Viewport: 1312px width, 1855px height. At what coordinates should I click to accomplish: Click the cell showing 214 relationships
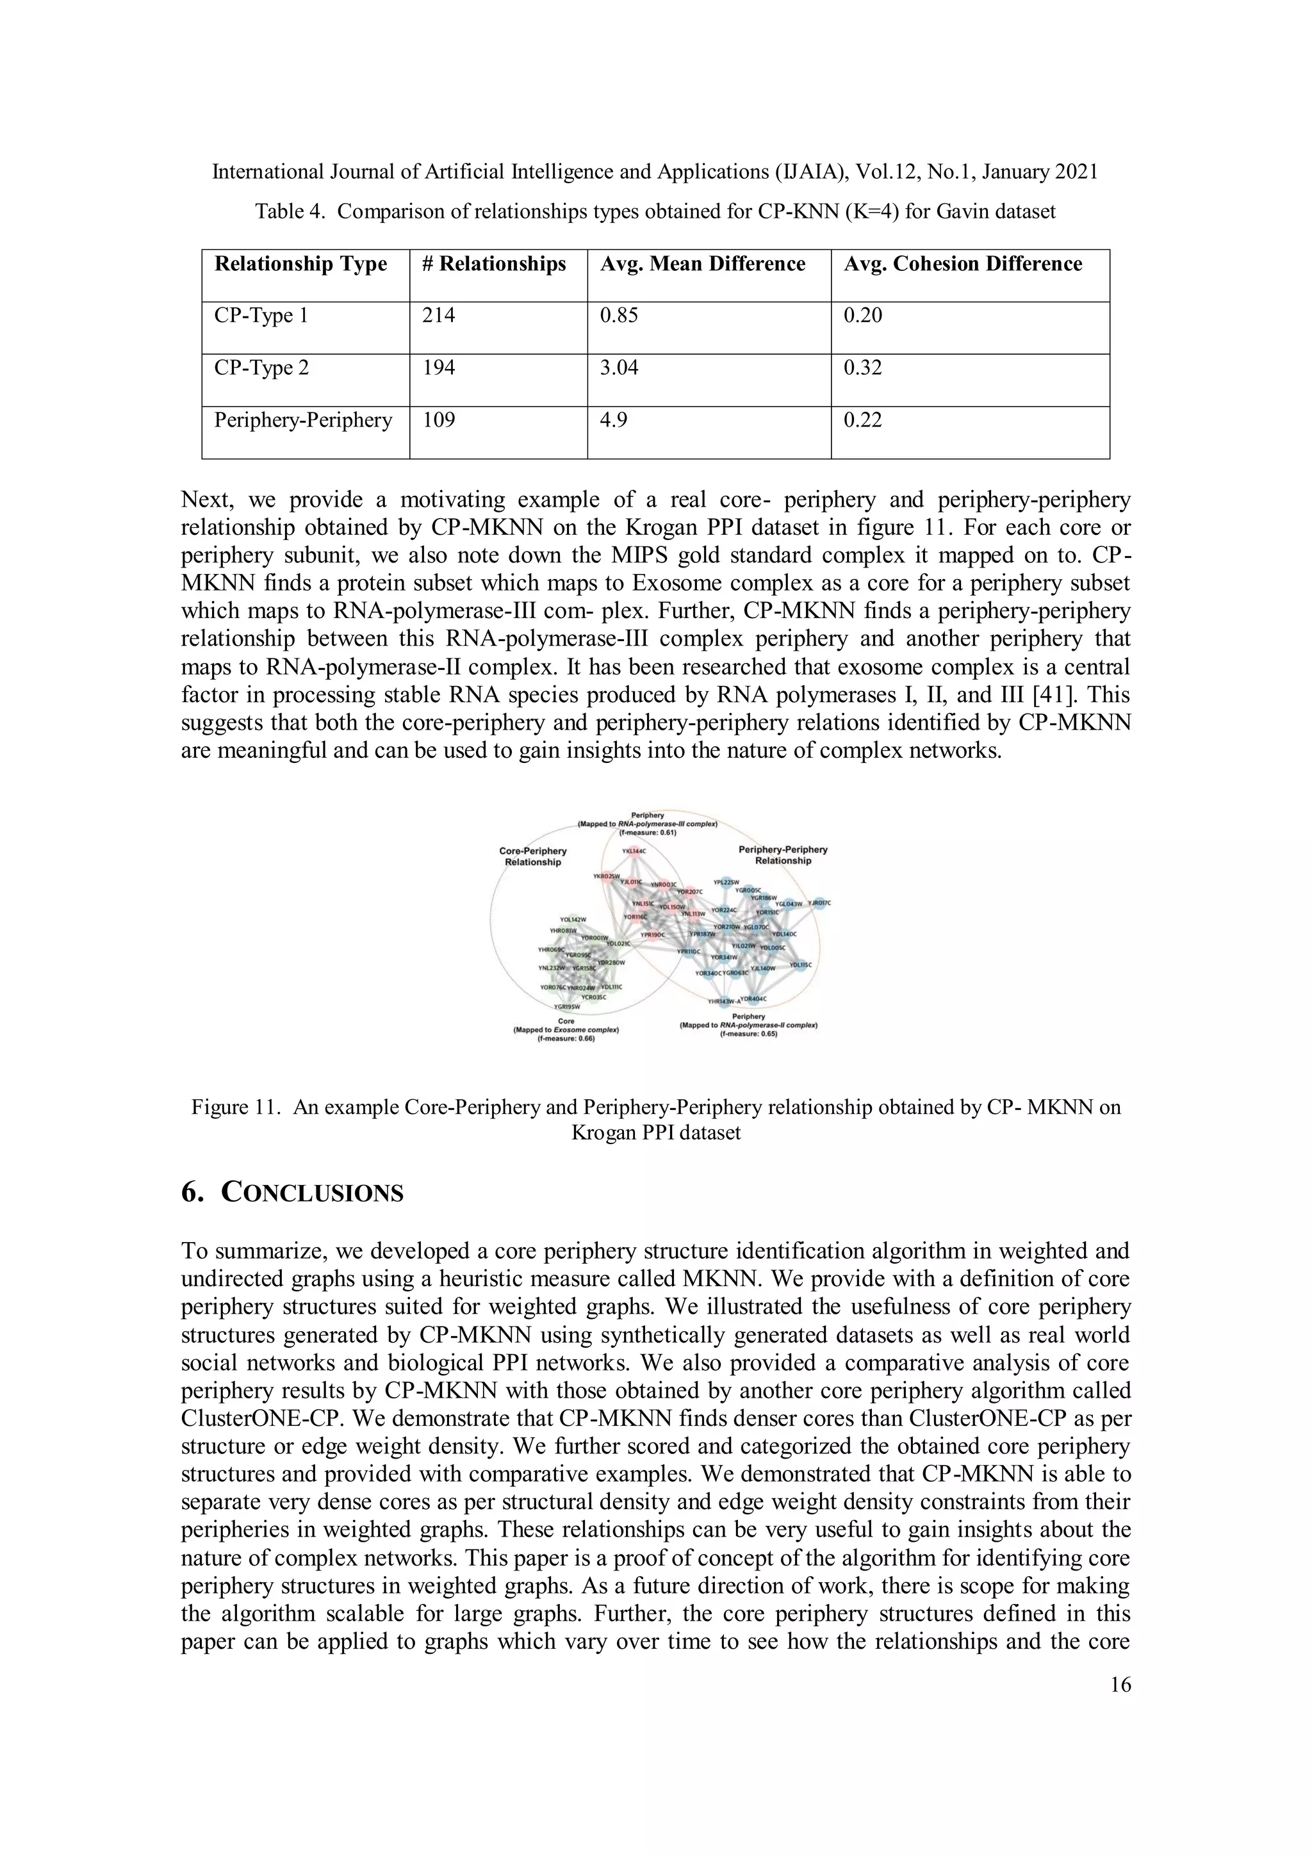click(x=439, y=315)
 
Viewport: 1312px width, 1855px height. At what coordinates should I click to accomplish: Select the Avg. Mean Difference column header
click(x=702, y=264)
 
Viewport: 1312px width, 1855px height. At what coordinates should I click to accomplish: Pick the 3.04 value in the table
click(x=618, y=368)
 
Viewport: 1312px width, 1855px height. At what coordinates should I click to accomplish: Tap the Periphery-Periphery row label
click(x=302, y=420)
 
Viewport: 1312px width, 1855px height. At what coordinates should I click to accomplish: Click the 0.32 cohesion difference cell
click(x=862, y=368)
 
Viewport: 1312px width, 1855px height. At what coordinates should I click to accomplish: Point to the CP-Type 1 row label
click(x=260, y=315)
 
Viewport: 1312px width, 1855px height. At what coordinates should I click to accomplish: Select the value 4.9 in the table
click(x=613, y=420)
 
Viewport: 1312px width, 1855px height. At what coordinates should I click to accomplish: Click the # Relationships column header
click(x=494, y=264)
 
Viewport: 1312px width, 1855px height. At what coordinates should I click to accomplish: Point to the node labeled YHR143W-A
click(x=725, y=1002)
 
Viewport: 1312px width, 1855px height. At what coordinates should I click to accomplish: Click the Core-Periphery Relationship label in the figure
click(x=533, y=856)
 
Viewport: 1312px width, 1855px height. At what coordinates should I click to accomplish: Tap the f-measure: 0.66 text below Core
click(x=566, y=1039)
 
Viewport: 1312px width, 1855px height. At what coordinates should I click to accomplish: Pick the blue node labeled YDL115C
click(x=801, y=965)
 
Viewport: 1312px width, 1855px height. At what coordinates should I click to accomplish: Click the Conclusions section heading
click(x=293, y=1193)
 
